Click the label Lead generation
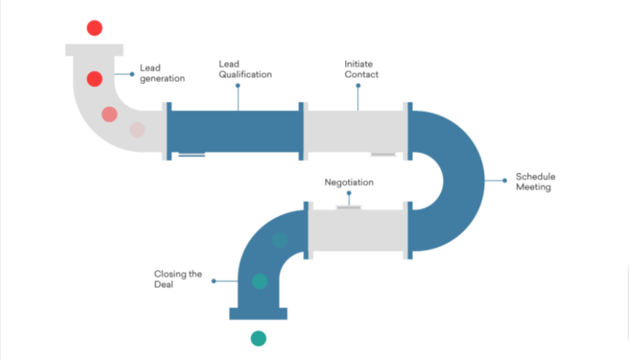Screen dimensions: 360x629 click(x=162, y=72)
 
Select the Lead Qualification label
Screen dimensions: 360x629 click(x=245, y=69)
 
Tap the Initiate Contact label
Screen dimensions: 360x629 click(x=361, y=69)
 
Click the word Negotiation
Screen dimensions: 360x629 click(x=349, y=182)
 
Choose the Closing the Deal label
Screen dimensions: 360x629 click(x=178, y=279)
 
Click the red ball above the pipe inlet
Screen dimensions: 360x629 click(x=94, y=28)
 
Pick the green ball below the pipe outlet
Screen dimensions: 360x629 click(x=258, y=338)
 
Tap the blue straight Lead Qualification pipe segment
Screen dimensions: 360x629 click(x=235, y=132)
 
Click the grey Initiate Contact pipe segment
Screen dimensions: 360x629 click(x=355, y=132)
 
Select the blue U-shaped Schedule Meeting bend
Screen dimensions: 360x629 click(x=457, y=179)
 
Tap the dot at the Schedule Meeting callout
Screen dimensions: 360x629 click(x=504, y=180)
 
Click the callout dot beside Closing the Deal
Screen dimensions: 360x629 click(x=213, y=280)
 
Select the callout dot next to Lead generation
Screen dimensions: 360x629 click(x=132, y=74)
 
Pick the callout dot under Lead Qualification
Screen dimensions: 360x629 click(x=237, y=86)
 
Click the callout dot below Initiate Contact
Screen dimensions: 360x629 click(x=358, y=86)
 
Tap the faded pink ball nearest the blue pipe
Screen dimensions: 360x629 click(x=137, y=130)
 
